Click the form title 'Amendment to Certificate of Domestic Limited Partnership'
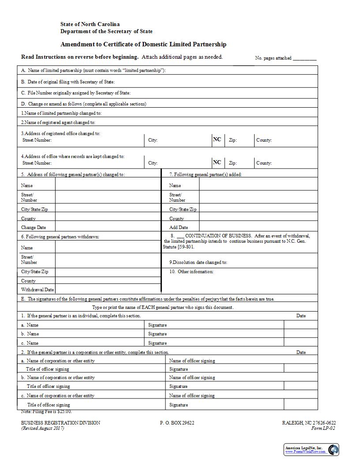[143, 45]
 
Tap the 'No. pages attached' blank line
[304, 59]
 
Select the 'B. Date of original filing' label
[67, 82]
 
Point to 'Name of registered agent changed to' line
[58, 123]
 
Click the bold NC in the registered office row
[217, 139]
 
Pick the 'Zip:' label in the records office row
[232, 163]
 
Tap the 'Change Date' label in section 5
[34, 228]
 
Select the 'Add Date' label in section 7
[179, 228]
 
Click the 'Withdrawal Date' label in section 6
[37, 290]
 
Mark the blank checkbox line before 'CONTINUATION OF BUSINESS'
[180, 236]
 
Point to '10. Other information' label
[191, 272]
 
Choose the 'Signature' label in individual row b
[157, 334]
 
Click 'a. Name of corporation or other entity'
[58, 361]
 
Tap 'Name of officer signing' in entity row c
[192, 396]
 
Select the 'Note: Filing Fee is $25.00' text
[46, 412]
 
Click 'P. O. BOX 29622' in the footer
[177, 423]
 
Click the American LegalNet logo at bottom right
[311, 450]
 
